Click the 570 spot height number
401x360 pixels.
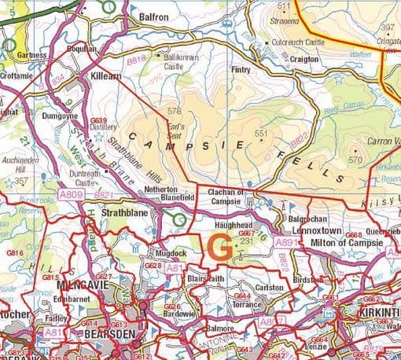click(355, 160)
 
